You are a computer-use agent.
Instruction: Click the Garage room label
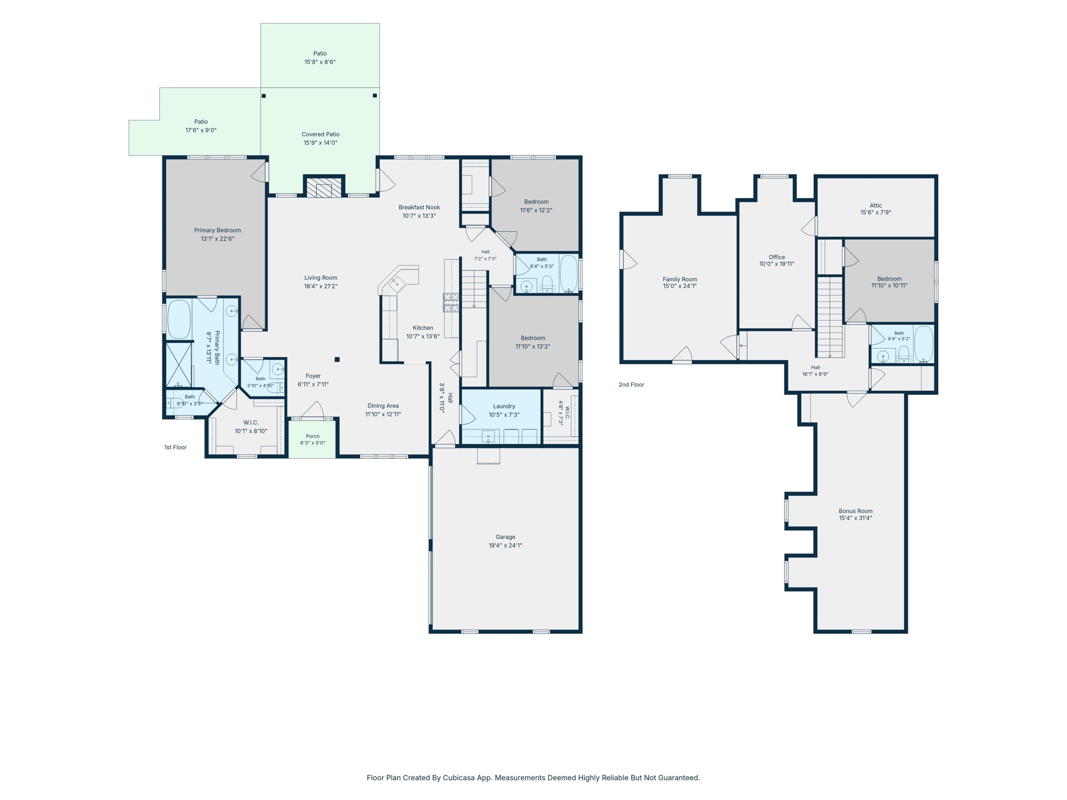(x=505, y=537)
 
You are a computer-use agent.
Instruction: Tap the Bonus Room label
(x=855, y=511)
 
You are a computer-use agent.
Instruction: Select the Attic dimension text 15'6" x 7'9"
(x=876, y=212)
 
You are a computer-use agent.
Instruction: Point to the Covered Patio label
(x=320, y=134)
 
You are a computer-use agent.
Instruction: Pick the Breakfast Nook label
(x=419, y=207)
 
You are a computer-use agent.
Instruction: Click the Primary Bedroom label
(x=217, y=230)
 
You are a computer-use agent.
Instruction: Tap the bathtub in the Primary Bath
(x=179, y=319)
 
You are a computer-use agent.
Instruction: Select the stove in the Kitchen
(x=451, y=302)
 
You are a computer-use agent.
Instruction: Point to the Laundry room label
(x=504, y=406)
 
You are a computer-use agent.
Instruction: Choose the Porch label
(x=313, y=436)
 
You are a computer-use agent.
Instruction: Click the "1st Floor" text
(x=175, y=447)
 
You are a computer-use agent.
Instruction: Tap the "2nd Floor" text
(x=631, y=385)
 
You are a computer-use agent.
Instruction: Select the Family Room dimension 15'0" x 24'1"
(x=680, y=286)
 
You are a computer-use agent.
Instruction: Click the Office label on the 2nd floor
(x=777, y=257)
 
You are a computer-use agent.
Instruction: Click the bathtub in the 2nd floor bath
(x=923, y=344)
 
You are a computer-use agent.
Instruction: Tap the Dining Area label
(x=383, y=406)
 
